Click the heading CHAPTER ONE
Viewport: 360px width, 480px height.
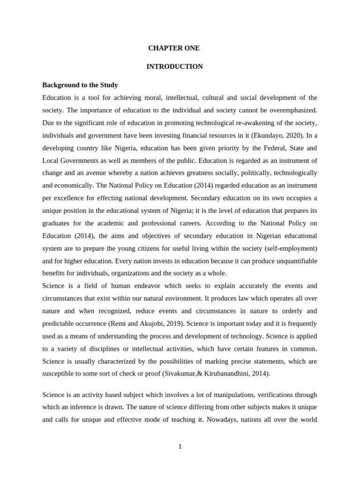coord(174,48)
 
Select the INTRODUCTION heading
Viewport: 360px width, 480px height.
coord(174,67)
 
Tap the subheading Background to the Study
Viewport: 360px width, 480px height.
coord(80,85)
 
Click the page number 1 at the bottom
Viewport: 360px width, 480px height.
coord(180,447)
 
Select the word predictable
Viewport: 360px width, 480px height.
coord(60,323)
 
